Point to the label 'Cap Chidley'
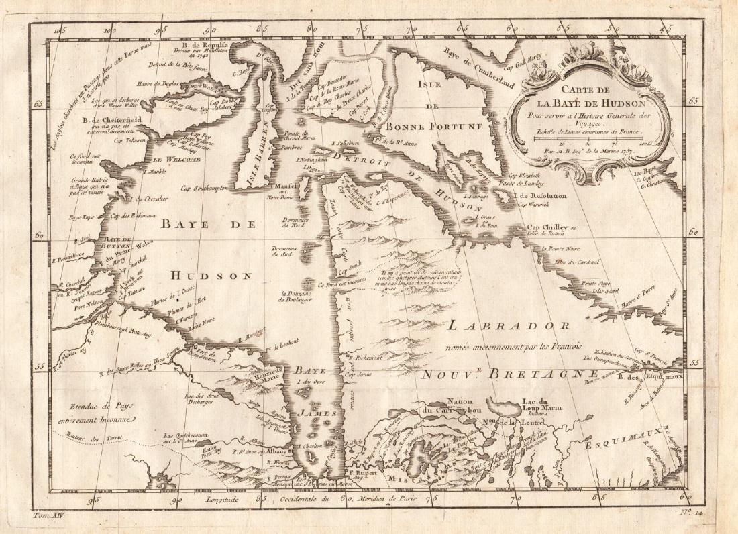point(545,227)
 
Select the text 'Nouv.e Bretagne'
point(510,374)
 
